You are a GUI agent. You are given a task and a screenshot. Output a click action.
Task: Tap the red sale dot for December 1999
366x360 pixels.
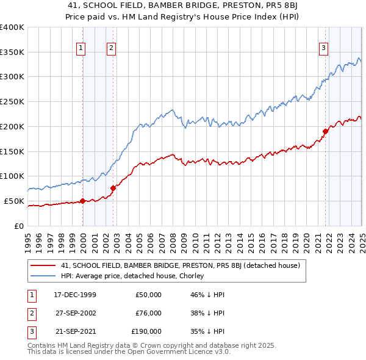coord(82,201)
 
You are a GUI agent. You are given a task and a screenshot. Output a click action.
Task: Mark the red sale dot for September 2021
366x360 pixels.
coord(326,131)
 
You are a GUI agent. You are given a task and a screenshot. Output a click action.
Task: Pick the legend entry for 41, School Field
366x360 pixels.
coord(180,265)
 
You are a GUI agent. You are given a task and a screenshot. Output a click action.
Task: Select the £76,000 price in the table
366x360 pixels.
coord(148,313)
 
